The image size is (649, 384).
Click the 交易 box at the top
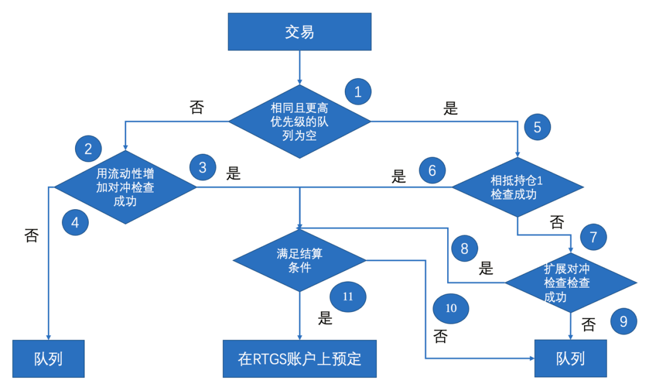coord(299,32)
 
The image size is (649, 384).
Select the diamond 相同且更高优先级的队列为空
coord(299,121)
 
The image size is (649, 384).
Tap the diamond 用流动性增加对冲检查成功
coord(126,187)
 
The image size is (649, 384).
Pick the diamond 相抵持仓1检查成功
coord(517,187)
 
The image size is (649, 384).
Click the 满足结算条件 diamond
coord(299,260)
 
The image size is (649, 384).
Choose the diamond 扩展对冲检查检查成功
coord(570,282)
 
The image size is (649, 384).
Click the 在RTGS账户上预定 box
coord(299,359)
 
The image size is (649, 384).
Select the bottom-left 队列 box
coord(49,359)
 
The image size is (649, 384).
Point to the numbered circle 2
coord(88,148)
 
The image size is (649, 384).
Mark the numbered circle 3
coord(203,168)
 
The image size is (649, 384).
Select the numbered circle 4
coord(75,222)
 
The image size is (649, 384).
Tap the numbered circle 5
coord(537,127)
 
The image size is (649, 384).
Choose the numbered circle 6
coord(432,171)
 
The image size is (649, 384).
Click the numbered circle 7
coord(594,237)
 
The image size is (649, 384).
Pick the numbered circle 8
coord(464,248)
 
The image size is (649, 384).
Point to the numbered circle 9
coord(623,322)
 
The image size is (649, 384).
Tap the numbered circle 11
coord(347,297)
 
